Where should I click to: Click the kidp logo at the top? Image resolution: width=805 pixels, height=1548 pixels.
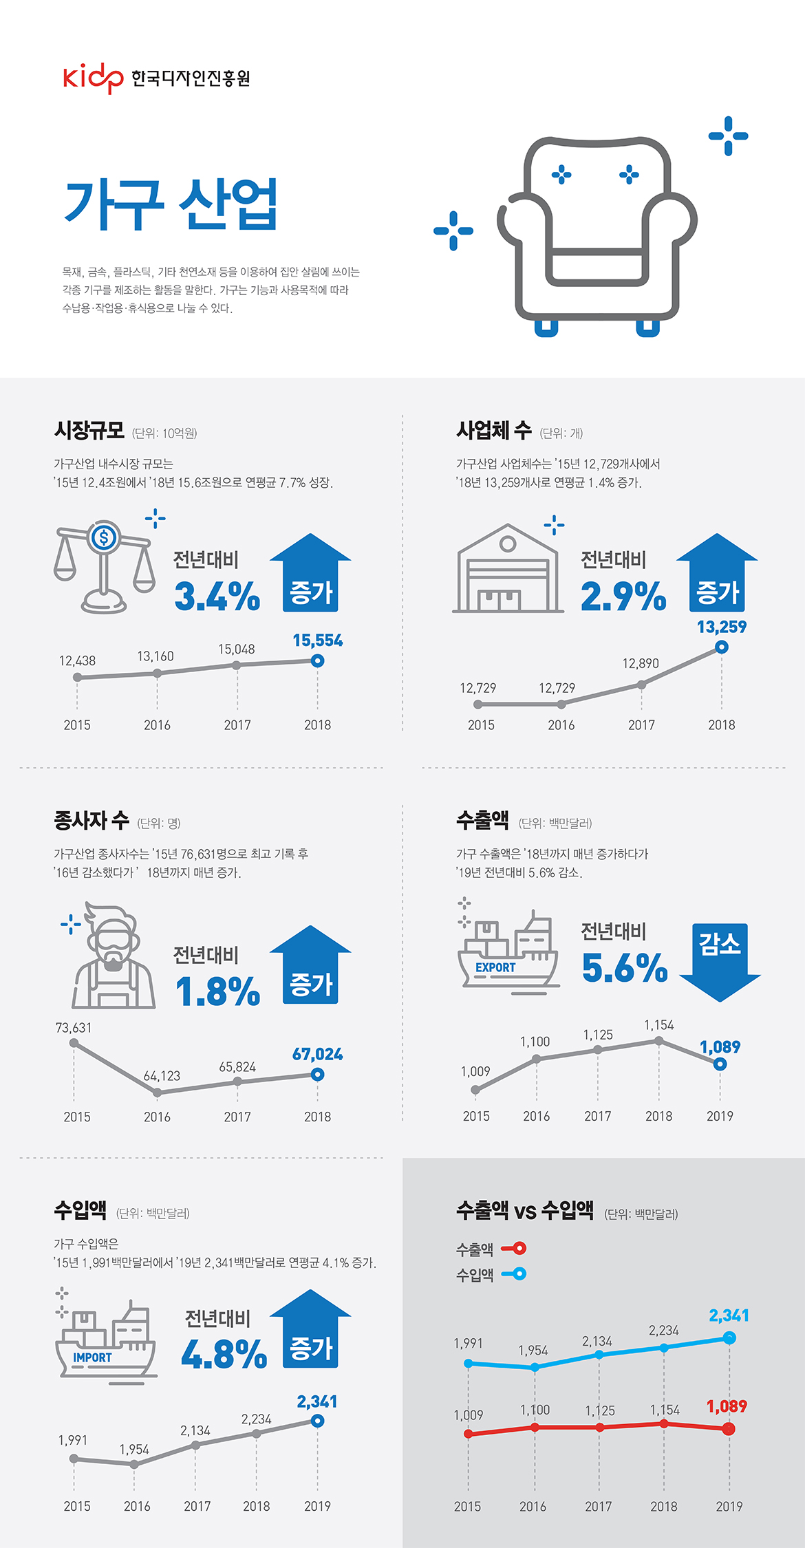pyautogui.click(x=92, y=78)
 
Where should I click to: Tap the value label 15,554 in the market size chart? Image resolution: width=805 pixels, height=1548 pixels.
pyautogui.click(x=317, y=641)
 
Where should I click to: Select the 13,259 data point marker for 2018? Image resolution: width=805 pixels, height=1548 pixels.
pyautogui.click(x=721, y=647)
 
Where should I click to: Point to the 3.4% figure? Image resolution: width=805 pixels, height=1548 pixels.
pyautogui.click(x=217, y=596)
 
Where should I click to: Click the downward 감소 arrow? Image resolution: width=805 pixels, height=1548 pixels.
pyautogui.click(x=720, y=962)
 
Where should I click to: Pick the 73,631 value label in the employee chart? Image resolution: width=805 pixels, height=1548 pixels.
pyautogui.click(x=74, y=1028)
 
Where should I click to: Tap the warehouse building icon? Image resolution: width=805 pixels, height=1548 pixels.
pyautogui.click(x=508, y=570)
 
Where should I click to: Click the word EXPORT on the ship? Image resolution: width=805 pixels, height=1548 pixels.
pyautogui.click(x=495, y=967)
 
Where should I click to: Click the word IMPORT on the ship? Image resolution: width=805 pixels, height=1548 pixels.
pyautogui.click(x=92, y=1357)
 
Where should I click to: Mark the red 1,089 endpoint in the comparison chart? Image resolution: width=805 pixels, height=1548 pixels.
pyautogui.click(x=729, y=1429)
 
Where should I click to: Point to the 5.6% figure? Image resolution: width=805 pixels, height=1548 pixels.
pyautogui.click(x=625, y=967)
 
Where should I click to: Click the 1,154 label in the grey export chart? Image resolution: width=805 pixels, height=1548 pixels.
pyautogui.click(x=658, y=1025)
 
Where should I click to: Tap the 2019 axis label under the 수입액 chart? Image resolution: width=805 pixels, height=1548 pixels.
pyautogui.click(x=317, y=1506)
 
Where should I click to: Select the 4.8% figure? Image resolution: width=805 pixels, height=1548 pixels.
pyautogui.click(x=224, y=1354)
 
